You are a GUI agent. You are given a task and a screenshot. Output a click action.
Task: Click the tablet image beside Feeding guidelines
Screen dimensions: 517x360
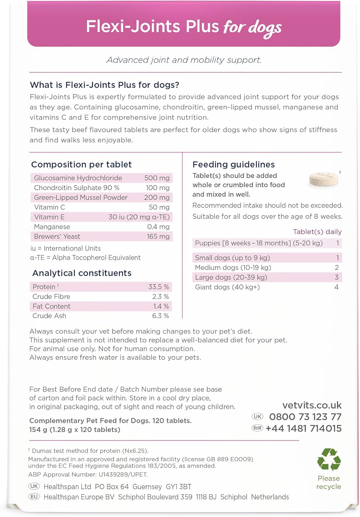tap(323, 179)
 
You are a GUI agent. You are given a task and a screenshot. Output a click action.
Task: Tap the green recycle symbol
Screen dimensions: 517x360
tap(329, 459)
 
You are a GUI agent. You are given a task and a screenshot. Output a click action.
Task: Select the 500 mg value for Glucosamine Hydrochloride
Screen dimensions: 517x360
tap(157, 178)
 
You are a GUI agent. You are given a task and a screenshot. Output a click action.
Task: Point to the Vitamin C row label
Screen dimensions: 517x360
tap(50, 207)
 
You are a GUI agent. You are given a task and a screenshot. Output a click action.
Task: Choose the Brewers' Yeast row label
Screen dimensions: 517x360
tap(57, 236)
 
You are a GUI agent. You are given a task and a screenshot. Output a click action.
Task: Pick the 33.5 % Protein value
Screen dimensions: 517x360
tap(158, 287)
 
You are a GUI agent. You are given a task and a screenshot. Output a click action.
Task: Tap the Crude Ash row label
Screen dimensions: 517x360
tap(49, 316)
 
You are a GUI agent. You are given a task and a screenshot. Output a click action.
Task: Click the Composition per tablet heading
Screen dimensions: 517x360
tap(81, 164)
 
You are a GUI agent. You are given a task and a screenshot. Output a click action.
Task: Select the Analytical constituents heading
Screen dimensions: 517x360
tap(82, 273)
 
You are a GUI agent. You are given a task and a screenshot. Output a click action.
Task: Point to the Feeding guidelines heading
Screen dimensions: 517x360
tap(234, 164)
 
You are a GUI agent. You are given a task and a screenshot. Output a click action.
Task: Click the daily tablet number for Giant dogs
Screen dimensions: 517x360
tap(337, 287)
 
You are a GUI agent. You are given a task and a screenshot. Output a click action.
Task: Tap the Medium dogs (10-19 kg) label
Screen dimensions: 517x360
tap(233, 267)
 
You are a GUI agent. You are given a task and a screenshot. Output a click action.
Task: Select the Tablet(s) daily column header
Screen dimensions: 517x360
tap(317, 232)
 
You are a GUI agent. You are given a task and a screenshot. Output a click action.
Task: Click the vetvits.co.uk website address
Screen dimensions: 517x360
tap(312, 405)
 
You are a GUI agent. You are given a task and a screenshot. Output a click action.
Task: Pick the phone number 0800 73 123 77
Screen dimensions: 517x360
tap(305, 417)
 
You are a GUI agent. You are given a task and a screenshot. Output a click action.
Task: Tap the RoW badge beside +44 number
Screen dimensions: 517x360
tap(257, 428)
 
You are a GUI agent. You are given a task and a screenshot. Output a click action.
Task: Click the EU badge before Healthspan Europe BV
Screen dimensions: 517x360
tap(34, 497)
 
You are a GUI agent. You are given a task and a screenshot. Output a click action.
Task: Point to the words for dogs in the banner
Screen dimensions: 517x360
tap(253, 28)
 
